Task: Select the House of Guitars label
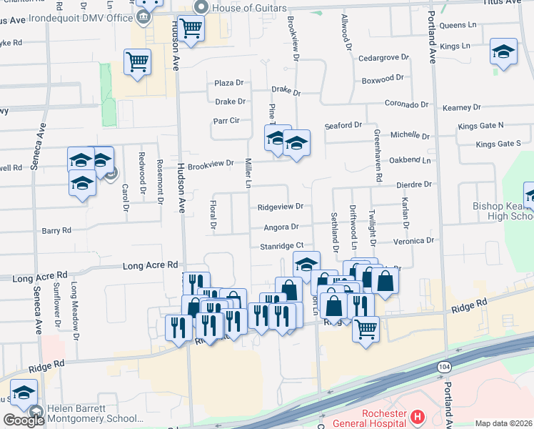tap(243, 8)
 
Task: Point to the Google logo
tap(24, 420)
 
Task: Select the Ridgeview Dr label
tap(280, 207)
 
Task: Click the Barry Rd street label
tap(56, 231)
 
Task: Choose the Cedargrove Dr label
tap(383, 56)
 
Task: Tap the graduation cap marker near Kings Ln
tap(503, 51)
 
